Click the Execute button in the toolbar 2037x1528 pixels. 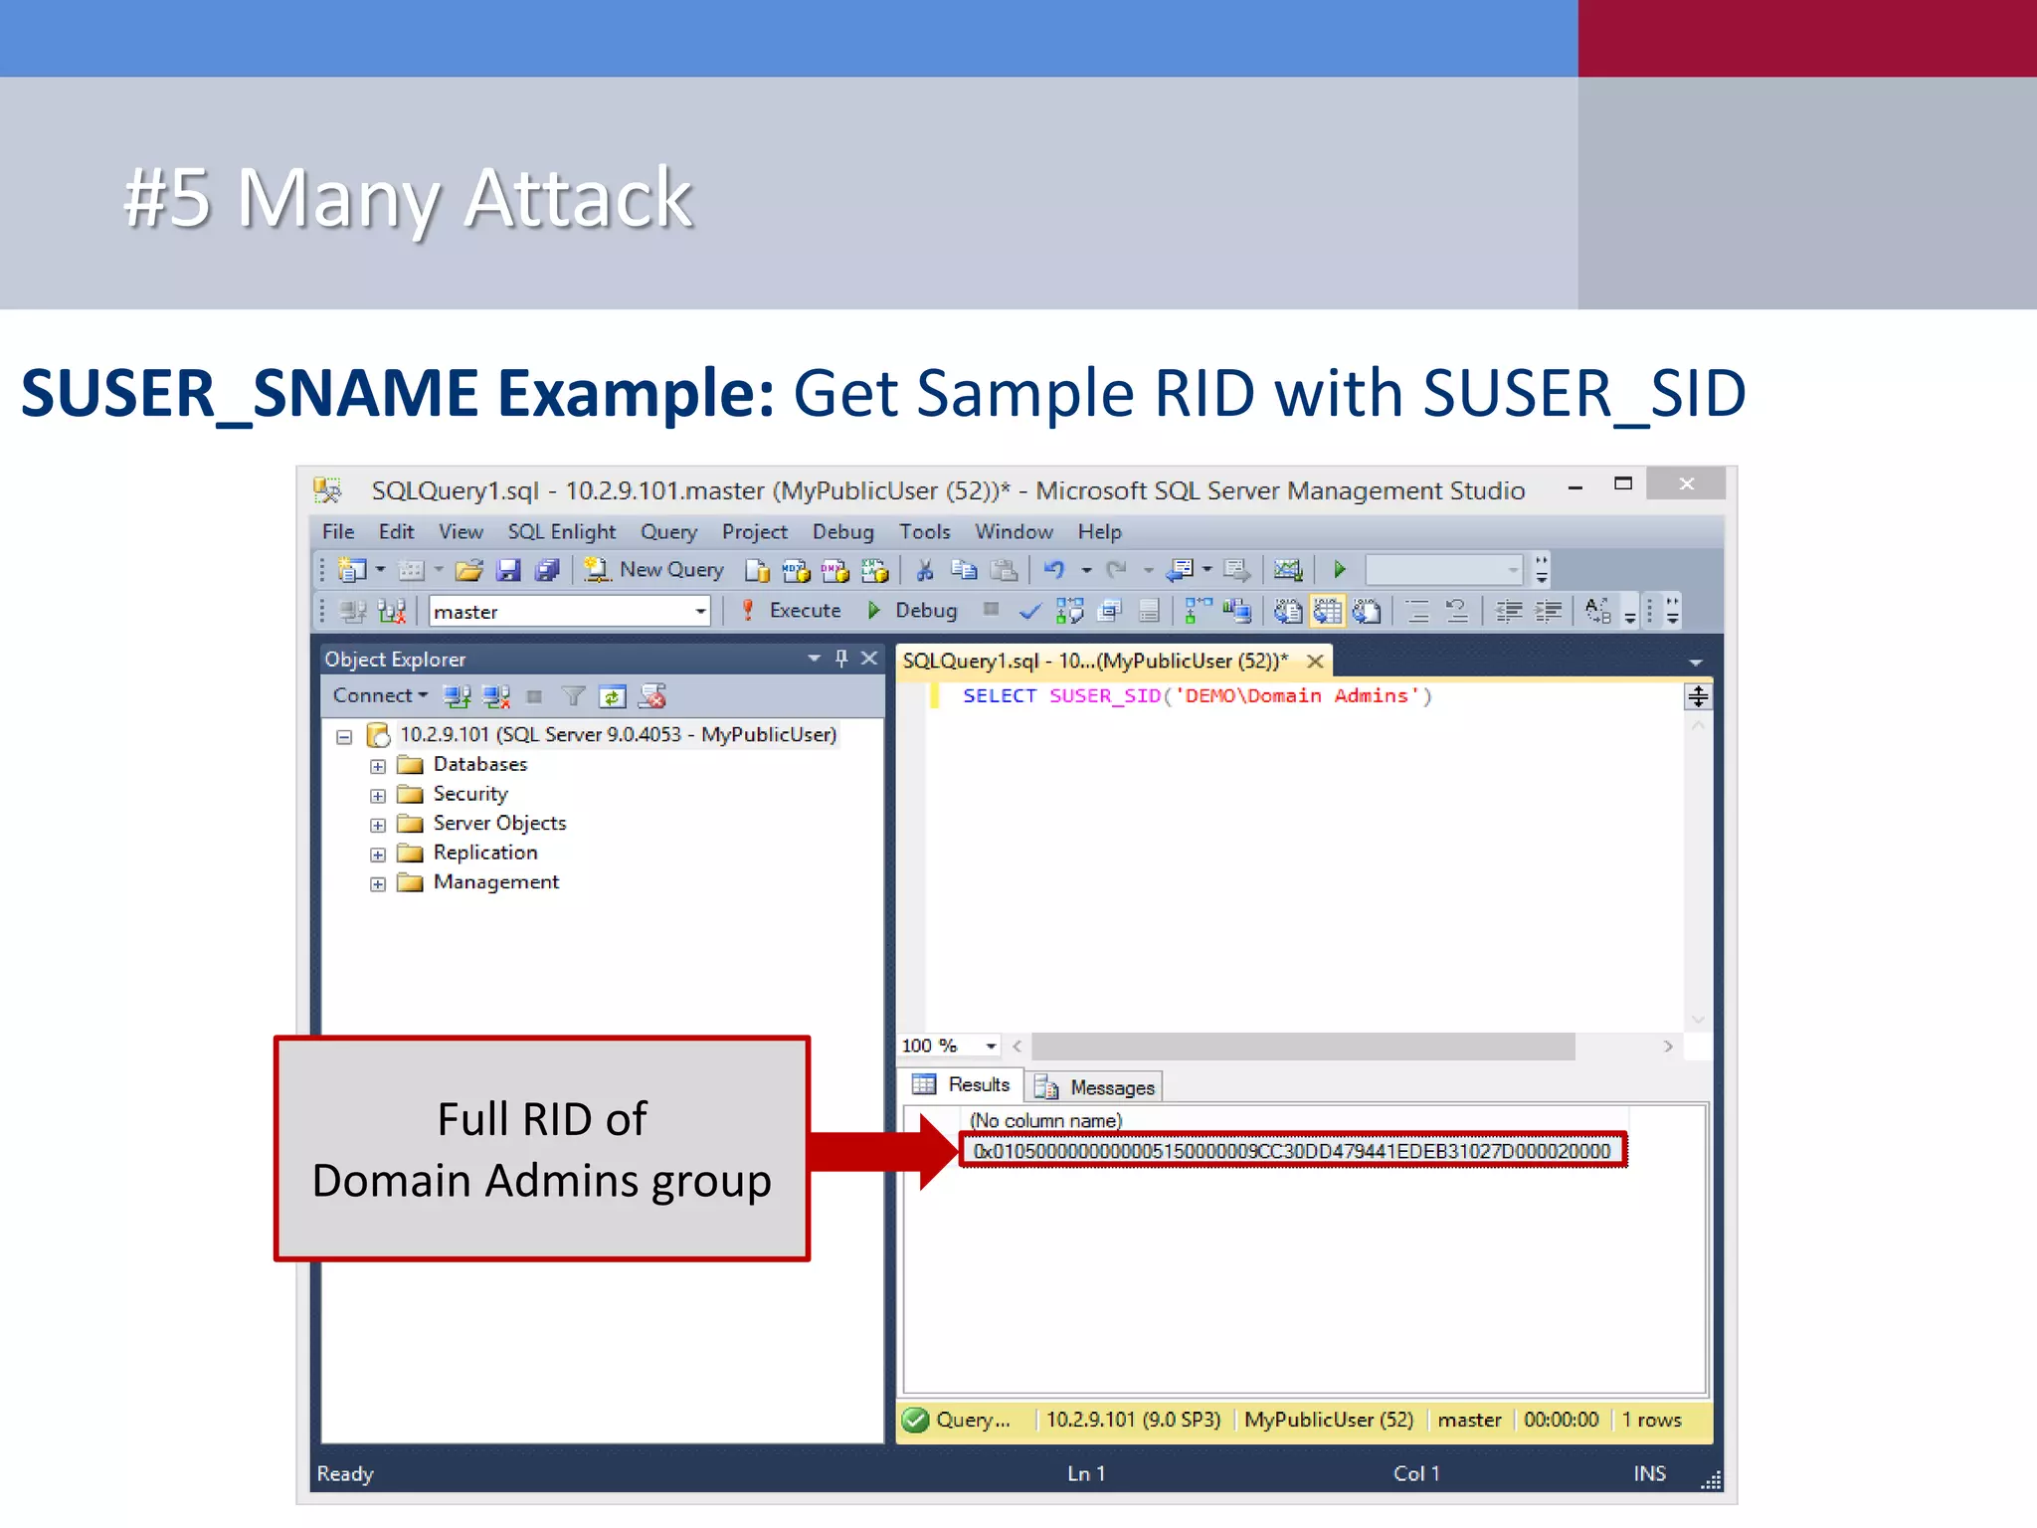click(x=793, y=610)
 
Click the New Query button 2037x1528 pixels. click(x=654, y=569)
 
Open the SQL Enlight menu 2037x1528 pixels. click(x=561, y=531)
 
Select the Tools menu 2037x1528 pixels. click(x=924, y=531)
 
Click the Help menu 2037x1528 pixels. click(x=1099, y=531)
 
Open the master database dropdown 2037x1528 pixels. click(x=700, y=611)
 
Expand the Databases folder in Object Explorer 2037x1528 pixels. click(x=378, y=766)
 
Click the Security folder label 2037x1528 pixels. click(x=470, y=794)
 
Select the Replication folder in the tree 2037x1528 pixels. click(x=485, y=853)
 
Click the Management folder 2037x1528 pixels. click(x=495, y=882)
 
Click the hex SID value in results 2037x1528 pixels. click(x=1291, y=1151)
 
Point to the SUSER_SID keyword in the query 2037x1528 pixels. click(x=1104, y=695)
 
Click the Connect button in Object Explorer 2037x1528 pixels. click(x=379, y=695)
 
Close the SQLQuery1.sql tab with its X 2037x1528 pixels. click(x=1315, y=662)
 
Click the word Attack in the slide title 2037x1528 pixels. click(x=578, y=198)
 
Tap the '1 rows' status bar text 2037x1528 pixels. click(x=1651, y=1420)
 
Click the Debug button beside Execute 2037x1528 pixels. click(x=912, y=610)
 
